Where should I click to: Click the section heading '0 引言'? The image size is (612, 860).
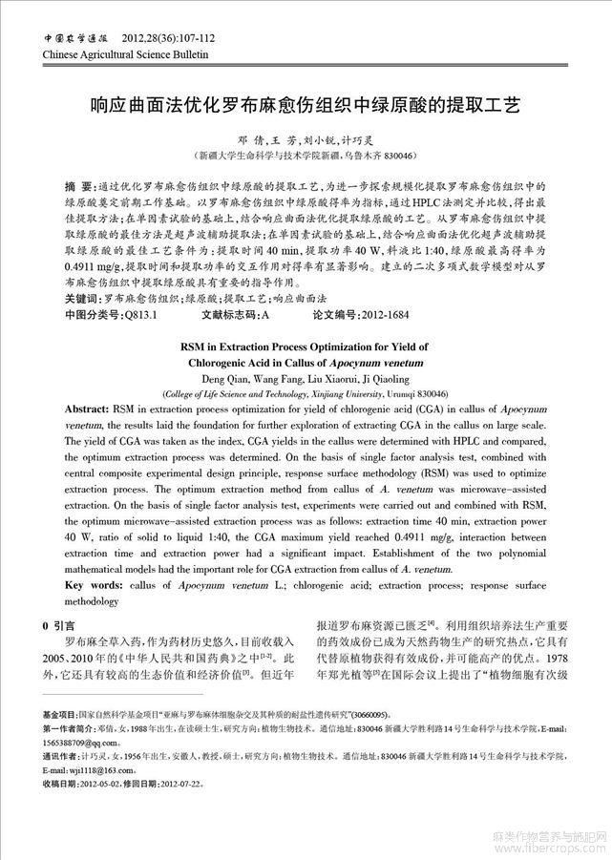click(x=58, y=625)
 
